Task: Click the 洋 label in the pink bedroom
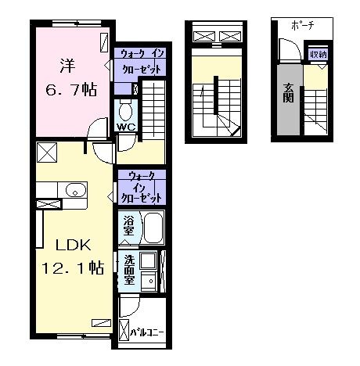coord(68,66)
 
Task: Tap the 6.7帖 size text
coord(71,90)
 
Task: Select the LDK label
coord(74,245)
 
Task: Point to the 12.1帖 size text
coord(73,267)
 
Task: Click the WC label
coord(126,127)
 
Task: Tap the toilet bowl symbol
coord(126,110)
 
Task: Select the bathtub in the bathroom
coord(153,228)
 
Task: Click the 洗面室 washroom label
coord(129,270)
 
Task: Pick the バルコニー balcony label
coord(147,332)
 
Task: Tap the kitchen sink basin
coord(76,190)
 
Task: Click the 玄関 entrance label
coord(289,93)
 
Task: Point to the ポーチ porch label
coord(303,26)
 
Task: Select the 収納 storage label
coord(318,55)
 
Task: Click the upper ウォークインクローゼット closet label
coord(142,62)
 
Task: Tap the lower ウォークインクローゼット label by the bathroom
coord(141,187)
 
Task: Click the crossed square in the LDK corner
coord(47,152)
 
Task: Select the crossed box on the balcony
coord(124,330)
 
